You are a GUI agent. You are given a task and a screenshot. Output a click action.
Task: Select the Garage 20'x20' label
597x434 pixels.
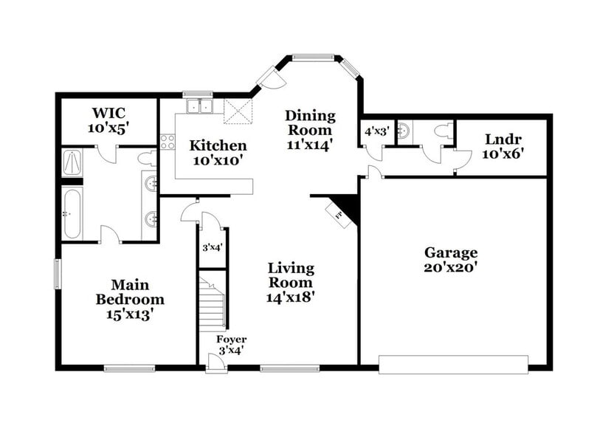click(450, 260)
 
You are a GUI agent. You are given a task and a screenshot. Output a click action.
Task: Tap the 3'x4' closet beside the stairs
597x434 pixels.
click(213, 249)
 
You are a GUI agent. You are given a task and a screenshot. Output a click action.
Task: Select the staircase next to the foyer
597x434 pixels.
click(212, 303)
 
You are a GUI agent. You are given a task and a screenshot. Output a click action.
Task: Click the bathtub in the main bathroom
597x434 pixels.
click(72, 213)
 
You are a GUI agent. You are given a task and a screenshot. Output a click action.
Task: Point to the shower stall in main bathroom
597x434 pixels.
click(73, 162)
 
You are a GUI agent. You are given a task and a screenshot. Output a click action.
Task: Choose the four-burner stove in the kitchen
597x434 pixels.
click(168, 142)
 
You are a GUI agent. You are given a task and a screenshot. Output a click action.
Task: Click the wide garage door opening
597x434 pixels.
click(453, 364)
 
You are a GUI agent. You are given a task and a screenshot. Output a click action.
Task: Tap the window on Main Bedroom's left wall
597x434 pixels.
click(58, 274)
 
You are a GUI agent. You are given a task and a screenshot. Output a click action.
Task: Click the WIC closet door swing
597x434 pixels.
click(108, 154)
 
